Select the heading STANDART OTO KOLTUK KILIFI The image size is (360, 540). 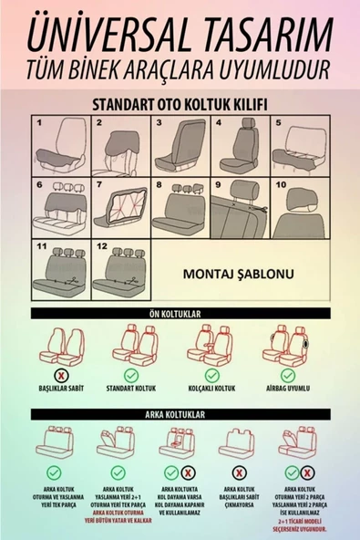click(x=180, y=104)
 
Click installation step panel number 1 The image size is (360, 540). click(x=60, y=145)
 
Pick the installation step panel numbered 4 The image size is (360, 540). click(x=240, y=145)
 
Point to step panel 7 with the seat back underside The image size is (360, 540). click(x=120, y=206)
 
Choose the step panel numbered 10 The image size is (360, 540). click(x=300, y=206)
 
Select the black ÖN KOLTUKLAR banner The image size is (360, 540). click(x=180, y=314)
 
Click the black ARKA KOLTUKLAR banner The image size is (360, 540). click(x=180, y=413)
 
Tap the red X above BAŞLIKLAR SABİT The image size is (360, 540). click(x=61, y=375)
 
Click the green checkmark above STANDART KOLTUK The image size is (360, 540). click(x=133, y=375)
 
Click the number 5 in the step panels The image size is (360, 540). click(x=276, y=121)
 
